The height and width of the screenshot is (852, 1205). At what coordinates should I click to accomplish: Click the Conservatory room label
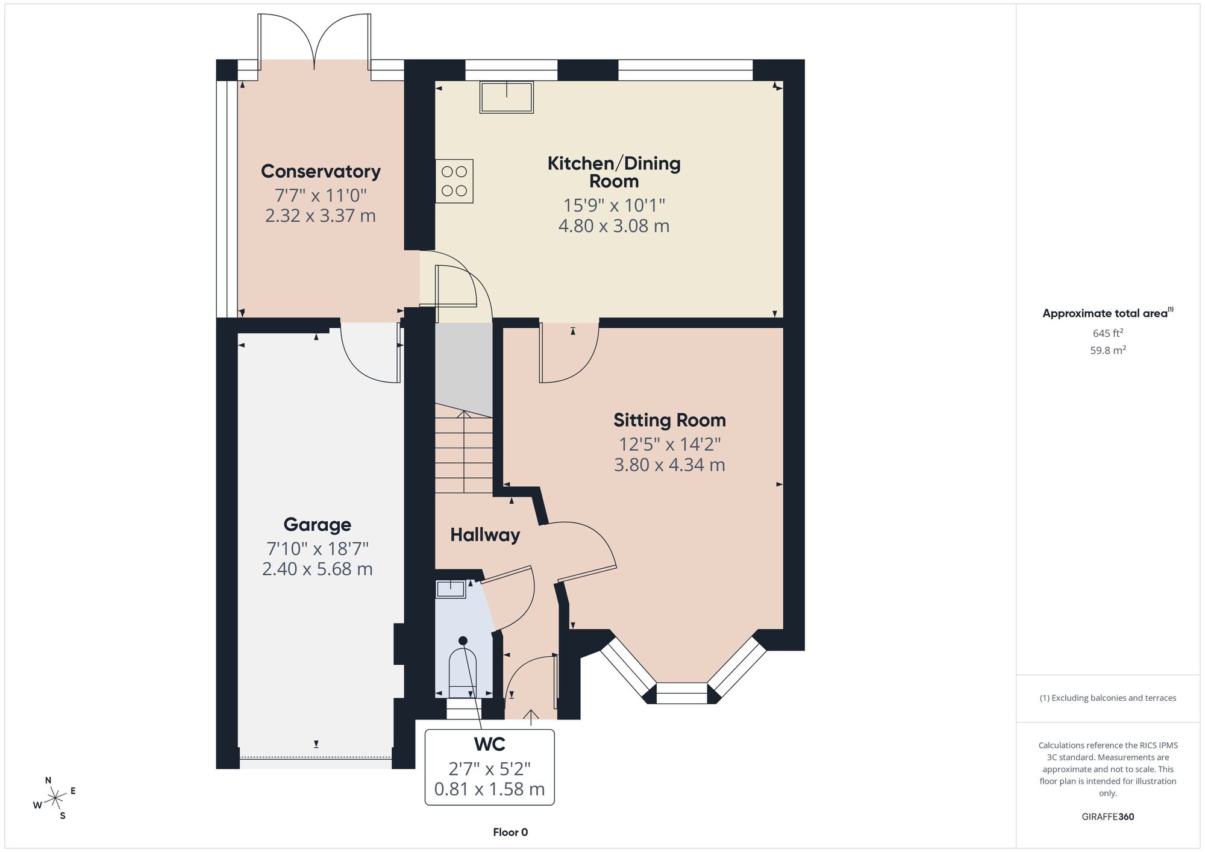tap(321, 171)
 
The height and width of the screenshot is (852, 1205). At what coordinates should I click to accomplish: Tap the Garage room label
tap(318, 524)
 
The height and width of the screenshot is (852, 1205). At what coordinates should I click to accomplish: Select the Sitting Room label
tap(669, 420)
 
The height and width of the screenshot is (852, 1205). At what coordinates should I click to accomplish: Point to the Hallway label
tap(485, 535)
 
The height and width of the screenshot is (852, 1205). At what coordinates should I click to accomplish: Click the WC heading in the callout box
tap(489, 745)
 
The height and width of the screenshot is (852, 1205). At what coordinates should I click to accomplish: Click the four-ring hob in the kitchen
tap(454, 181)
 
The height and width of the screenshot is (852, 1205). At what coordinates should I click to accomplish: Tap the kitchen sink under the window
tap(507, 98)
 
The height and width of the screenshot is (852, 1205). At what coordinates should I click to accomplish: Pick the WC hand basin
tap(451, 589)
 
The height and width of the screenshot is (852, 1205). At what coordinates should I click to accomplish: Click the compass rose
tap(55, 798)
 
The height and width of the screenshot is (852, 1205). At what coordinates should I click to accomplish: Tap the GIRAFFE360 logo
tap(1108, 817)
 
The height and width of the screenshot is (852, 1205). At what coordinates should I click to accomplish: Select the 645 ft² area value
tap(1108, 333)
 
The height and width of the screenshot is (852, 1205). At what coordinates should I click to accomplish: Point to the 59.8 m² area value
tap(1108, 350)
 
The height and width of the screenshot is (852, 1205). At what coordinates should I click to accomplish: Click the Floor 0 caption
tap(510, 832)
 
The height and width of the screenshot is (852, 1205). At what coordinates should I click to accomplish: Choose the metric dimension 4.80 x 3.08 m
tap(614, 226)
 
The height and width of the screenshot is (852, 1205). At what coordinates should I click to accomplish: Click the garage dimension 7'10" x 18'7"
tap(318, 549)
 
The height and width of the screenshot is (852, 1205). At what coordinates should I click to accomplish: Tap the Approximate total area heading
tap(1108, 313)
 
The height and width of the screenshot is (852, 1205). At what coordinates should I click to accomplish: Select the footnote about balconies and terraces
tap(1108, 698)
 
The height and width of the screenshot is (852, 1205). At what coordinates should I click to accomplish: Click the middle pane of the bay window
tap(681, 694)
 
